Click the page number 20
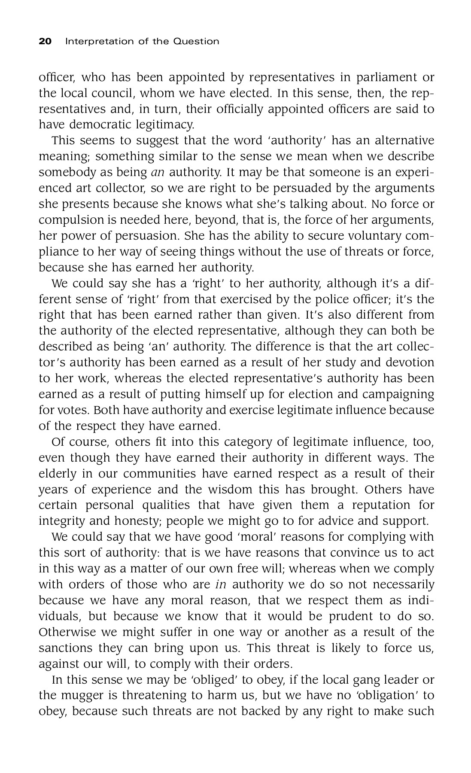point(45,42)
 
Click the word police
point(369,299)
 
